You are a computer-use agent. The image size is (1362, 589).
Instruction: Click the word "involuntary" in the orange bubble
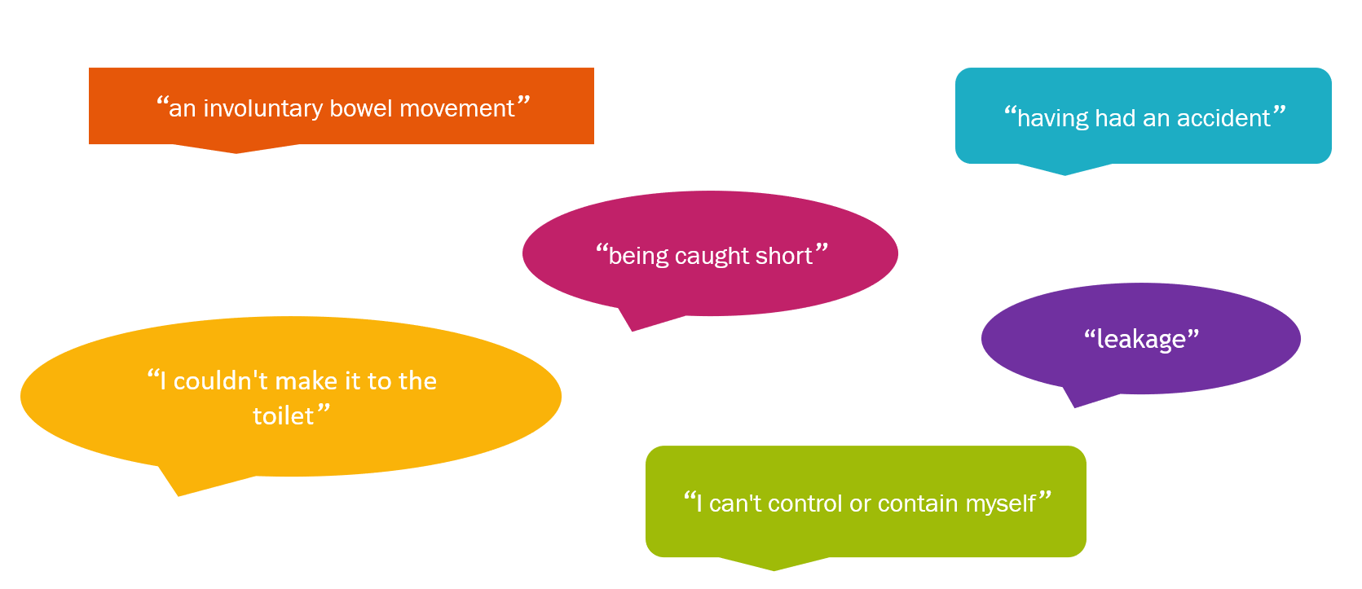point(262,109)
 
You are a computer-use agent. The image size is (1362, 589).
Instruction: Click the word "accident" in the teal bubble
point(1223,118)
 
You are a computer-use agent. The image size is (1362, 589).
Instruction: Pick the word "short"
point(783,256)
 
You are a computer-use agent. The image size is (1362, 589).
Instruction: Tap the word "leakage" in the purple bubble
point(1140,340)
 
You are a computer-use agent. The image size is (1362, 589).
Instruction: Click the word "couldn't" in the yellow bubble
point(221,381)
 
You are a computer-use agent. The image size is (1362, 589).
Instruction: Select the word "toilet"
point(284,416)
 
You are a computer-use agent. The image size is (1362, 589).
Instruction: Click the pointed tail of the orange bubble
point(236,149)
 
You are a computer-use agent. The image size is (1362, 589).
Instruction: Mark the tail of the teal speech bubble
point(1064,169)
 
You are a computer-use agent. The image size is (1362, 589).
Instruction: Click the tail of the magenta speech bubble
point(638,319)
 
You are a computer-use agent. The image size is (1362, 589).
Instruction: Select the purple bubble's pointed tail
point(1079,397)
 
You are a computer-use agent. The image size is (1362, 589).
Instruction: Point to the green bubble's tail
point(774,564)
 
